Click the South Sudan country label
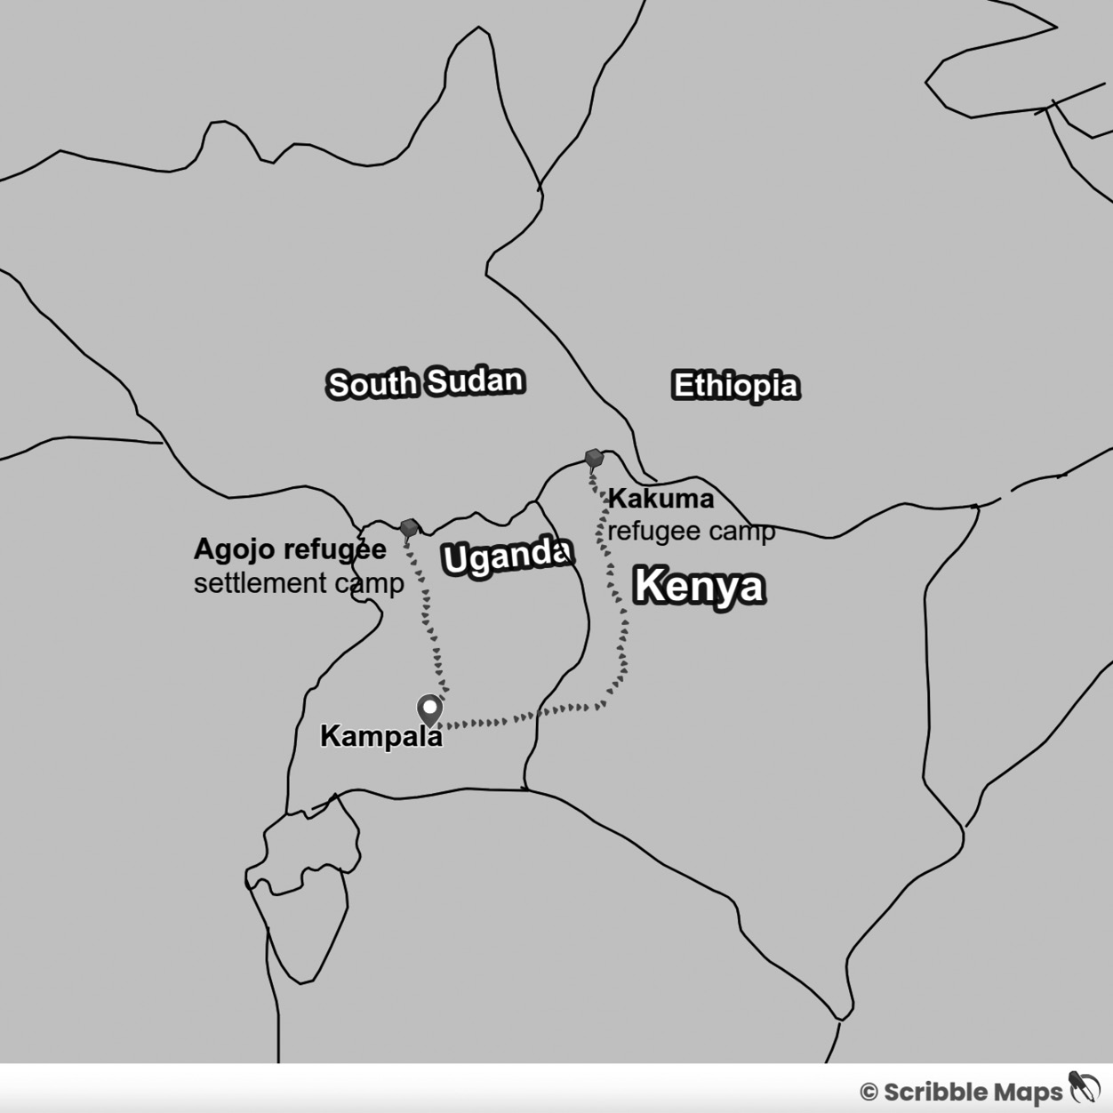(x=425, y=383)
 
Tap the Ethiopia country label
(x=735, y=386)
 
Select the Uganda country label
(x=506, y=556)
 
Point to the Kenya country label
(x=699, y=587)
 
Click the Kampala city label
(x=380, y=737)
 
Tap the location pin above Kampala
(x=430, y=710)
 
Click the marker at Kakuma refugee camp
(x=594, y=459)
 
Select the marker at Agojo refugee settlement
(x=409, y=528)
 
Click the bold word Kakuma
(x=661, y=499)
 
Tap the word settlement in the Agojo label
(x=248, y=584)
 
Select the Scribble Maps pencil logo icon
(x=1085, y=1088)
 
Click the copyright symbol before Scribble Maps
(x=868, y=1093)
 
